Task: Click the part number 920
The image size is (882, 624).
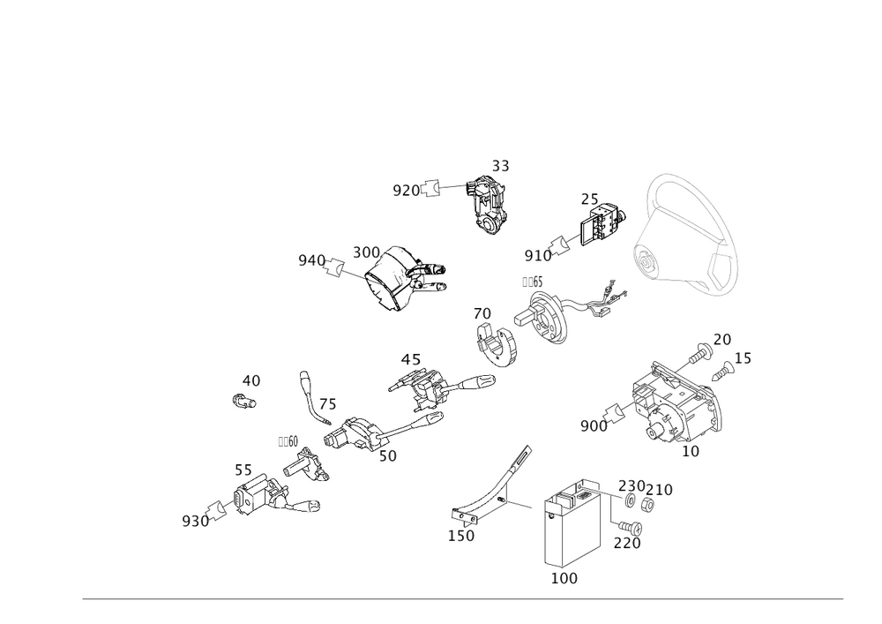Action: click(x=407, y=189)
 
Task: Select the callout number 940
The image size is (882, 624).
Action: click(x=311, y=259)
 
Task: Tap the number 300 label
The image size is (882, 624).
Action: click(x=366, y=252)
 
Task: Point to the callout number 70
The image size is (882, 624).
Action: click(x=482, y=314)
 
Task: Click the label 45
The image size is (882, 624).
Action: click(x=410, y=360)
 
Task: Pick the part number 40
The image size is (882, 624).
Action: click(x=250, y=380)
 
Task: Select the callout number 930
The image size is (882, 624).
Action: click(x=195, y=521)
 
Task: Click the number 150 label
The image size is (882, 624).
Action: click(x=461, y=536)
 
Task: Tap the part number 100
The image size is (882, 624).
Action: click(x=564, y=578)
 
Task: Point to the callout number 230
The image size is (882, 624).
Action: click(x=632, y=485)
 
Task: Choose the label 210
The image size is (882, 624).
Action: click(x=661, y=487)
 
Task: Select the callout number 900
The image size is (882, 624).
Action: click(x=593, y=427)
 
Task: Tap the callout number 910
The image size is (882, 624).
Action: click(x=537, y=256)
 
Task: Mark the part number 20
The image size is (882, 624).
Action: click(x=722, y=340)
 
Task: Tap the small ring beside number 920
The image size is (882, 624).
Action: click(x=432, y=188)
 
